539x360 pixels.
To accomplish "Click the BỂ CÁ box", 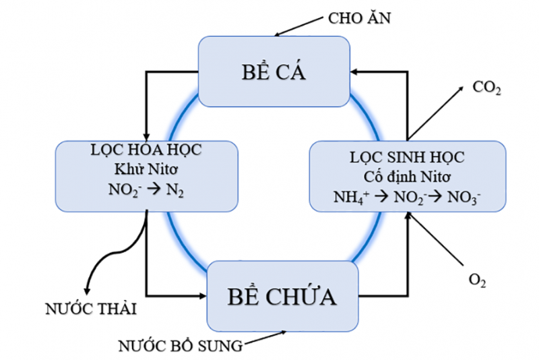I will pyautogui.click(x=274, y=71).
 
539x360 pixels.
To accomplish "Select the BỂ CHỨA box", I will pyautogui.click(x=282, y=296).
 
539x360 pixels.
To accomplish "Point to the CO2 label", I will pyautogui.click(x=486, y=88).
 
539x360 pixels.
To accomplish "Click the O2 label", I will pyautogui.click(x=476, y=278).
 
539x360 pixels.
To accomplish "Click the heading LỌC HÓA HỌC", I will pyautogui.click(x=148, y=151).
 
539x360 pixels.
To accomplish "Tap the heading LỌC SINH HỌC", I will pyautogui.click(x=407, y=157).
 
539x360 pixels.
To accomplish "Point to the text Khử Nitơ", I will pyautogui.click(x=147, y=170).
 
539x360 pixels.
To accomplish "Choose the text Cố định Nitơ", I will pyautogui.click(x=407, y=177).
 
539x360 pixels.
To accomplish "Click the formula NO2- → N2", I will pyautogui.click(x=147, y=190).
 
